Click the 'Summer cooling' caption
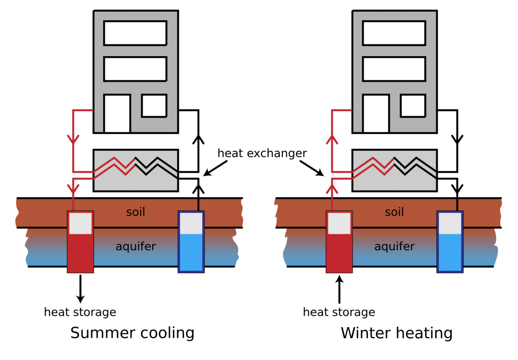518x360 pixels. click(x=132, y=333)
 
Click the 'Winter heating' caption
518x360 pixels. click(x=397, y=333)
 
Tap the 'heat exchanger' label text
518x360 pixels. click(x=262, y=153)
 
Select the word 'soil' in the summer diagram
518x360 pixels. click(x=136, y=212)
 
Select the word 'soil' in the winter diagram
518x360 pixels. click(x=394, y=212)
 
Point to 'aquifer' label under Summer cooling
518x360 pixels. click(x=136, y=246)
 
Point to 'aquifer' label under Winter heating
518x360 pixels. click(x=394, y=246)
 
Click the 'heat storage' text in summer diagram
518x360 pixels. click(x=80, y=312)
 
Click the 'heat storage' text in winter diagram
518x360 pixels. click(x=339, y=312)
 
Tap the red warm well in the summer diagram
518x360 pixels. click(x=80, y=242)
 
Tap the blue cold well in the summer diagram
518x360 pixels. click(x=191, y=242)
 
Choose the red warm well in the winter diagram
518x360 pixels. click(x=339, y=242)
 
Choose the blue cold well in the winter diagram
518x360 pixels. click(x=450, y=242)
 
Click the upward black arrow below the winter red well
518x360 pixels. click(x=339, y=289)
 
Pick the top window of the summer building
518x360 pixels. click(x=135, y=33)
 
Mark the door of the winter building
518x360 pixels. click(x=376, y=113)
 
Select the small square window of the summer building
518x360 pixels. click(x=154, y=106)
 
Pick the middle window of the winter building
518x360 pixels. click(x=394, y=69)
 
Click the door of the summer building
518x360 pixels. click(x=117, y=113)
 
